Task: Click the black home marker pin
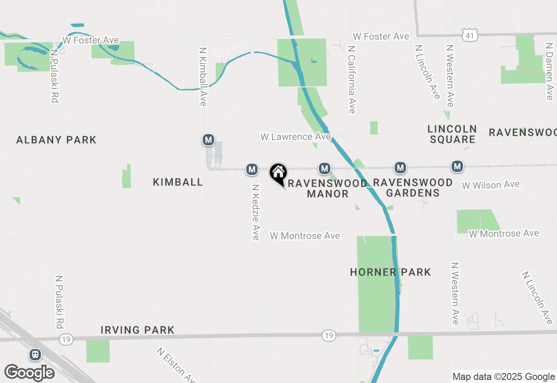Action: point(278,174)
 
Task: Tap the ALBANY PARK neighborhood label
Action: point(56,140)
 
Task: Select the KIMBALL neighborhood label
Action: point(178,182)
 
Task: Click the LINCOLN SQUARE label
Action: point(452,134)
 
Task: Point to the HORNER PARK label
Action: point(390,272)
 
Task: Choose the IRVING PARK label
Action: point(138,330)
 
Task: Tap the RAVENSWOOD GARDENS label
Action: point(413,188)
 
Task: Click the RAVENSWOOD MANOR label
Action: point(327,188)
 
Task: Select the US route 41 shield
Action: point(470,35)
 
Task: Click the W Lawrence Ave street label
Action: point(295,137)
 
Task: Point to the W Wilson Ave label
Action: point(490,185)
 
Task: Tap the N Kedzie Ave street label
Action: point(255,212)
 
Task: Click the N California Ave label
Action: point(352,78)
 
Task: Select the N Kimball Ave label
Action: point(203,77)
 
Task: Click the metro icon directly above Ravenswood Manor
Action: point(324,168)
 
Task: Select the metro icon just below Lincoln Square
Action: point(457,166)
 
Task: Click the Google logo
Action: point(29,373)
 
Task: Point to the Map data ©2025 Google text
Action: point(504,377)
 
